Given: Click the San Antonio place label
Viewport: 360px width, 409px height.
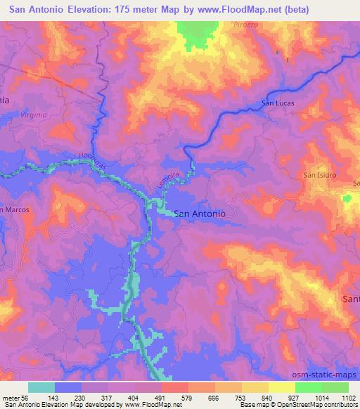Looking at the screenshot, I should point(199,213).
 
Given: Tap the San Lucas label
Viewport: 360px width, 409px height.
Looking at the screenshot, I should point(277,103).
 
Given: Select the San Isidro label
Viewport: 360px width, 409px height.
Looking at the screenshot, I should point(319,174).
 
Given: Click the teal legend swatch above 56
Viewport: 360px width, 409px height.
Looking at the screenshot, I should point(41,387).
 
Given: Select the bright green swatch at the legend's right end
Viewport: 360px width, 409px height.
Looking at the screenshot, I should point(335,387).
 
